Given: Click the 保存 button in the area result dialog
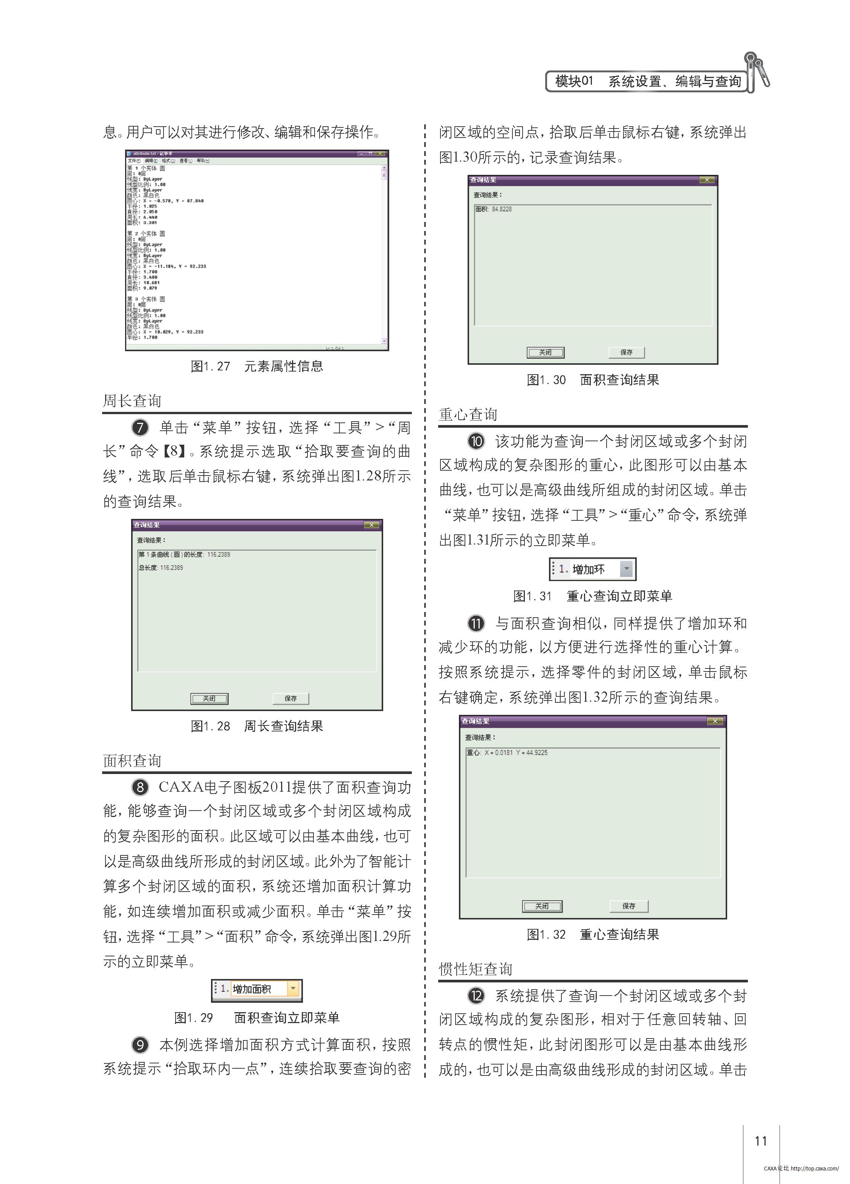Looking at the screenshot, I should click(x=626, y=352).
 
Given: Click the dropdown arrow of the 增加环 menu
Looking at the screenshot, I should click(x=626, y=569).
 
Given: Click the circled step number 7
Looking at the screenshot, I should click(x=140, y=428).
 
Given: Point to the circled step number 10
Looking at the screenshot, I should click(x=475, y=441).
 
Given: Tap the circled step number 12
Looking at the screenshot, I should click(x=475, y=996).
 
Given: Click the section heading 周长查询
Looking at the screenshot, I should click(x=132, y=401).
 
